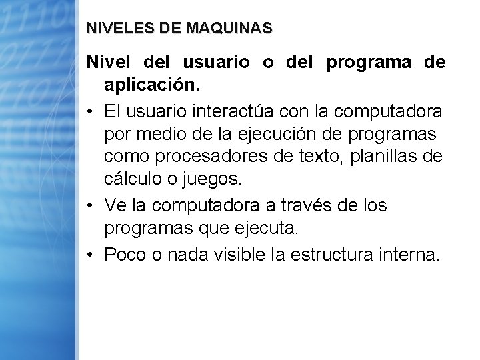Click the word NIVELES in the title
[111, 29]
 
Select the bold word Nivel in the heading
[109, 63]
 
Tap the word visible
[239, 254]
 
